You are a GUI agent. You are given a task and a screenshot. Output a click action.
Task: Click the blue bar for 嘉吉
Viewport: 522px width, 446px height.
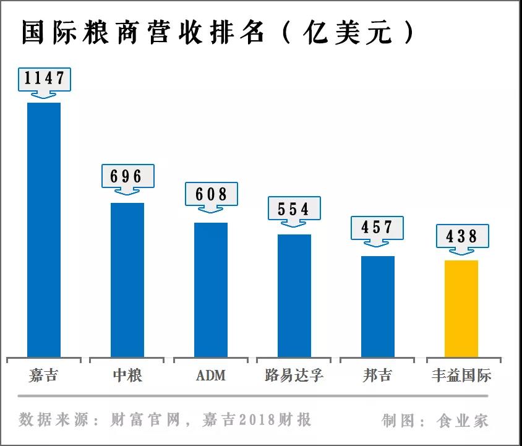click(x=44, y=229)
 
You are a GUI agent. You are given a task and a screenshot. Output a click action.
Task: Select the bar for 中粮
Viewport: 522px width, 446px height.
click(x=127, y=280)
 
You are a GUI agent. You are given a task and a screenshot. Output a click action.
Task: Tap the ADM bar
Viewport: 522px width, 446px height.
click(x=210, y=289)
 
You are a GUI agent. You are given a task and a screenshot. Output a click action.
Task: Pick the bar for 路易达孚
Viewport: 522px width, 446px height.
click(x=294, y=296)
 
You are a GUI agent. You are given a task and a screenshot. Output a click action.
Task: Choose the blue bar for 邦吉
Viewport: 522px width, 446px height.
click(x=377, y=306)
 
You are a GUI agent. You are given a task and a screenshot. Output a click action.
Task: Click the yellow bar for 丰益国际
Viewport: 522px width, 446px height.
click(x=461, y=309)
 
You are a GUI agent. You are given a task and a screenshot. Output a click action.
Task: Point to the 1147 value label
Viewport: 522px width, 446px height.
click(x=44, y=79)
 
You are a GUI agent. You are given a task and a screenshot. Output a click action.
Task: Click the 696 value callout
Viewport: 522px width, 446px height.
click(x=127, y=176)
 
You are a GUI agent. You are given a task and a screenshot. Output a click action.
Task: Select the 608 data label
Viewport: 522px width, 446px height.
click(x=211, y=194)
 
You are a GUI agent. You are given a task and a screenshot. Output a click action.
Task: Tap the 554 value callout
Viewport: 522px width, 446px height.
click(x=294, y=208)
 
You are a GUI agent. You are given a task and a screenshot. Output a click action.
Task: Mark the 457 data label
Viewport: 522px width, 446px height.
click(x=377, y=228)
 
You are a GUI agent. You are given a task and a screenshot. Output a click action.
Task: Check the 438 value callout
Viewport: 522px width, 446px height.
click(x=461, y=236)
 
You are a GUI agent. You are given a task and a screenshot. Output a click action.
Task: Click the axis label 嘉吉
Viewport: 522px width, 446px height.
click(x=43, y=375)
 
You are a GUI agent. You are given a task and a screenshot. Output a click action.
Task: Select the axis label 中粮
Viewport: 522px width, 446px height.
click(x=127, y=375)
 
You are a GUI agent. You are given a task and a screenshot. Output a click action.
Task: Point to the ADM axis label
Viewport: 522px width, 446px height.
click(x=211, y=375)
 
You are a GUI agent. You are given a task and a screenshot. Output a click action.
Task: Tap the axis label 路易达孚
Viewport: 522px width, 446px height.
click(x=294, y=375)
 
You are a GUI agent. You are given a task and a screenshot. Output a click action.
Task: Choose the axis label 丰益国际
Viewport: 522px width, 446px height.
click(x=461, y=375)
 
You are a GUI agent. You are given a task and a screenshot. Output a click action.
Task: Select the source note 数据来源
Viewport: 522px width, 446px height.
click(x=165, y=420)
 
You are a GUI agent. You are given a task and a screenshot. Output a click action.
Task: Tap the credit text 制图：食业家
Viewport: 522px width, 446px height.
click(x=435, y=421)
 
